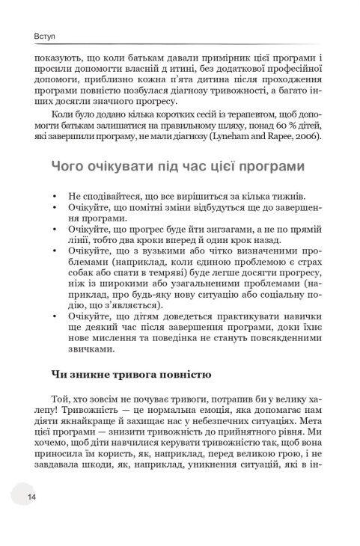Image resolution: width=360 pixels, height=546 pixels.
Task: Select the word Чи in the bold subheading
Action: [57, 373]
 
